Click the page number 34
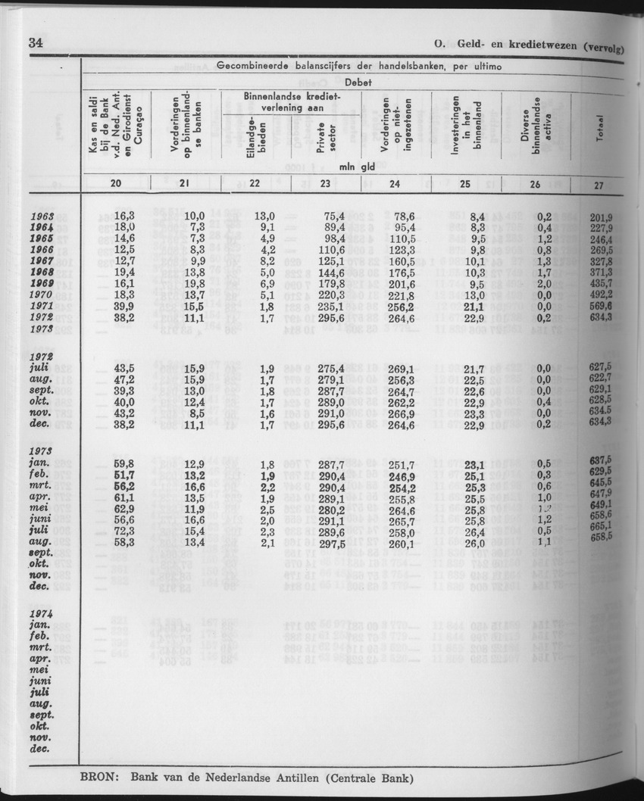click(x=34, y=42)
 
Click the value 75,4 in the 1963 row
click(x=335, y=217)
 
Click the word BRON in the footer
click(x=98, y=778)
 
